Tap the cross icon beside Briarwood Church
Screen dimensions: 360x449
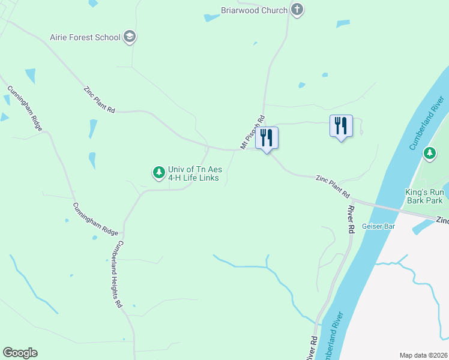tap(297, 10)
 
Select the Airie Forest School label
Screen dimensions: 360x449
tap(85, 37)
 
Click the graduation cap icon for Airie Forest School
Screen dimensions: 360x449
tap(129, 37)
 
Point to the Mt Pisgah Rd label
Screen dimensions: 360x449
tap(253, 133)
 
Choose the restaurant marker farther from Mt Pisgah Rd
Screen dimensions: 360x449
tap(341, 127)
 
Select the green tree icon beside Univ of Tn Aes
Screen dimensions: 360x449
tap(158, 173)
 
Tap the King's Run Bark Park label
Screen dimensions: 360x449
tap(424, 196)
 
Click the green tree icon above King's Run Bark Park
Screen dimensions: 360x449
tap(429, 154)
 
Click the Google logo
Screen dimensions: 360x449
tap(20, 353)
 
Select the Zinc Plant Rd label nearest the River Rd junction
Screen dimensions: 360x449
tap(333, 186)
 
